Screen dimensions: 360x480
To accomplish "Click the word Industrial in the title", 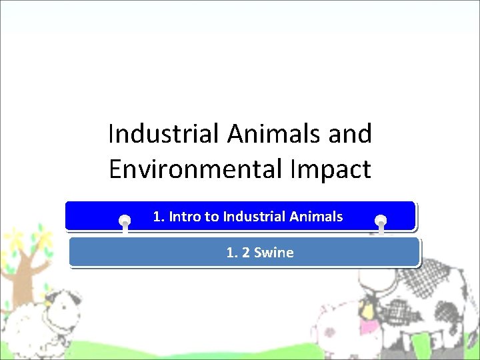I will [164, 134].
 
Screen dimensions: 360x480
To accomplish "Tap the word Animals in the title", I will [275, 134].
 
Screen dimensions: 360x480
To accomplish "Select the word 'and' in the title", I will [350, 134].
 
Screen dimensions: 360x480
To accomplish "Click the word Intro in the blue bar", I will [183, 217].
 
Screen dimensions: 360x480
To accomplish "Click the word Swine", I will [274, 253].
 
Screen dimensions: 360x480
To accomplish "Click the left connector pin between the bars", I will [125, 223].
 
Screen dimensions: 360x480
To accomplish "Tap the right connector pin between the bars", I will [381, 221].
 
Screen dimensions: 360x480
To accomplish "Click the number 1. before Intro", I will [159, 217].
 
